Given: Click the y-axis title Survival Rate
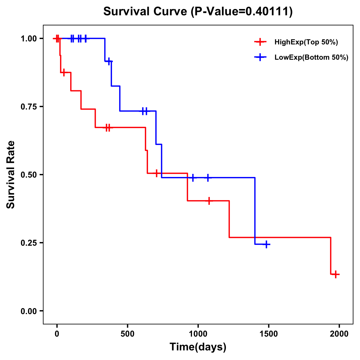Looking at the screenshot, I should pyautogui.click(x=11, y=174).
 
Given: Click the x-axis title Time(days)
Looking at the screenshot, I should pyautogui.click(x=198, y=347).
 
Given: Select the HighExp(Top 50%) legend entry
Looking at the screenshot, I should pyautogui.click(x=306, y=42).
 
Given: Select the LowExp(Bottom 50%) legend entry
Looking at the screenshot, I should pyautogui.click(x=311, y=57).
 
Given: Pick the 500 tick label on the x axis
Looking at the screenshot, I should pyautogui.click(x=127, y=334).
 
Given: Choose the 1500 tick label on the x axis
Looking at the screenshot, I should pyautogui.click(x=269, y=334).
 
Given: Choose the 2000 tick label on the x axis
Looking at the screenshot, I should pyautogui.click(x=339, y=334).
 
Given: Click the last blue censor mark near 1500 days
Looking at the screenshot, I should pyautogui.click(x=266, y=244).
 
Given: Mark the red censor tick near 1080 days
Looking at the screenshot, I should pyautogui.click(x=209, y=201).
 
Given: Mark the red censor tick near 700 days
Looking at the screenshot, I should pyautogui.click(x=156, y=173).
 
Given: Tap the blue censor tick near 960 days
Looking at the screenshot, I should pyautogui.click(x=193, y=178).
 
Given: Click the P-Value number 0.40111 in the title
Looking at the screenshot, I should pyautogui.click(x=268, y=11).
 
